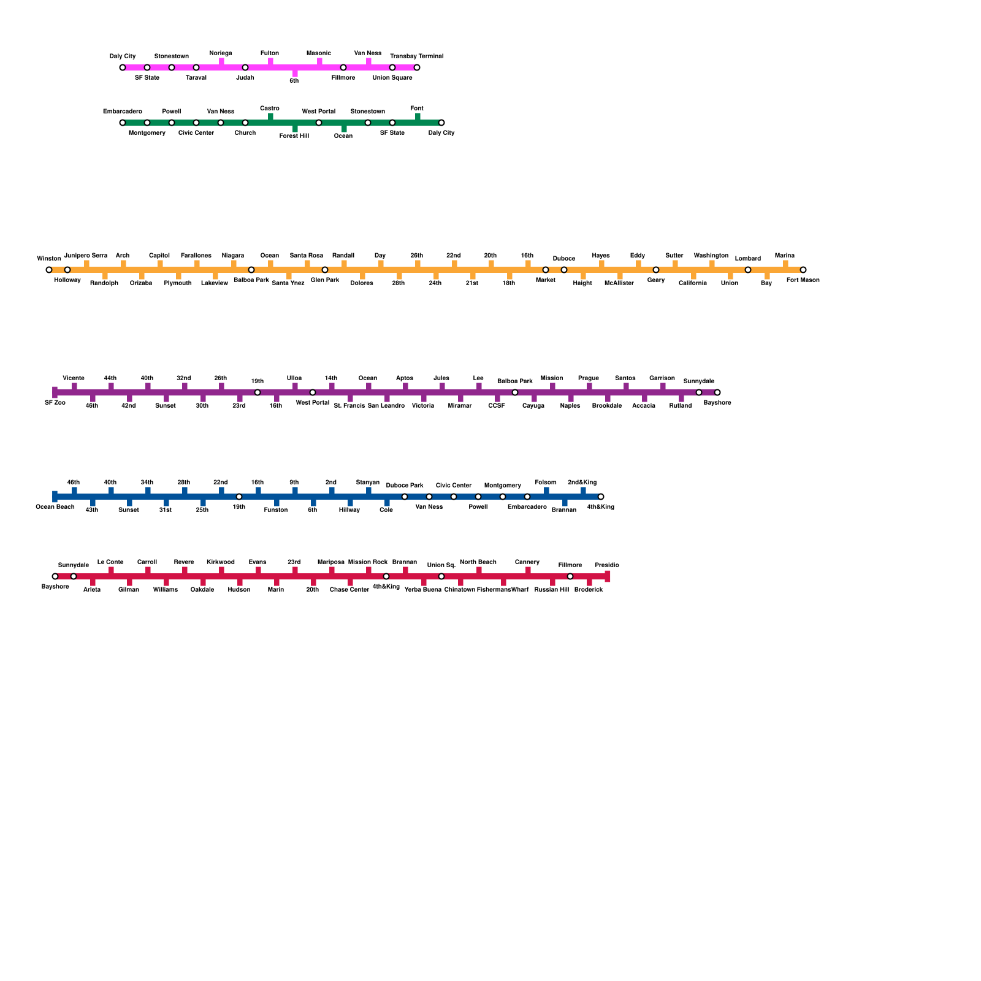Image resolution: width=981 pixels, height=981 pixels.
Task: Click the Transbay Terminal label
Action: [x=416, y=56]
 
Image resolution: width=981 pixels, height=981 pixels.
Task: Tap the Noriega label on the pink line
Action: [x=221, y=53]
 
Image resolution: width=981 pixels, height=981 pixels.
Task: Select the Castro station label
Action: [x=270, y=109]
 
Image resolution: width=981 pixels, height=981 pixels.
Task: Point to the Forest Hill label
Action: [x=294, y=136]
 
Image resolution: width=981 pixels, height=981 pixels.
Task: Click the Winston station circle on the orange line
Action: [x=49, y=270]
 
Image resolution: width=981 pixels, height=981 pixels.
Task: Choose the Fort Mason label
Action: [x=803, y=280]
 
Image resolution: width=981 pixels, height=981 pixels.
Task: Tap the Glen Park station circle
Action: [x=325, y=270]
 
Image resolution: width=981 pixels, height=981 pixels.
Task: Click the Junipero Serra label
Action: [x=86, y=256]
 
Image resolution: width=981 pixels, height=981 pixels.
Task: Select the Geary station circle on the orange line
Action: [x=656, y=270]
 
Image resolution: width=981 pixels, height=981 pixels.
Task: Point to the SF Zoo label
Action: [x=55, y=403]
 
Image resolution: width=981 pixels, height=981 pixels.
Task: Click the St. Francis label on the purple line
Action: [x=349, y=406]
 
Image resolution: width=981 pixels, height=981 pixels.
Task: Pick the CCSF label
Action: [x=497, y=406]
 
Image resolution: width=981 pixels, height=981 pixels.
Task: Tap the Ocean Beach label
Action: [x=55, y=507]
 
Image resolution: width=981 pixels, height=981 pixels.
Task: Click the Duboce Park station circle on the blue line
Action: [x=405, y=497]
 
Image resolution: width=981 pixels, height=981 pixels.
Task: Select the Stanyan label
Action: [x=368, y=483]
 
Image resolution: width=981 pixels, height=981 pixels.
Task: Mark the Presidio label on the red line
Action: [x=607, y=565]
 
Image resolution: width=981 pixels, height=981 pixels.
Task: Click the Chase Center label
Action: [x=349, y=590]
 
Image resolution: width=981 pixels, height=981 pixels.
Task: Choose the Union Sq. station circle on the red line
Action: [x=441, y=576]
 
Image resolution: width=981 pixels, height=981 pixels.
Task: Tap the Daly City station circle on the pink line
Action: [x=123, y=67]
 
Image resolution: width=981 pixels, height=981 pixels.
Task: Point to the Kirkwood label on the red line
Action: [x=221, y=562]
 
